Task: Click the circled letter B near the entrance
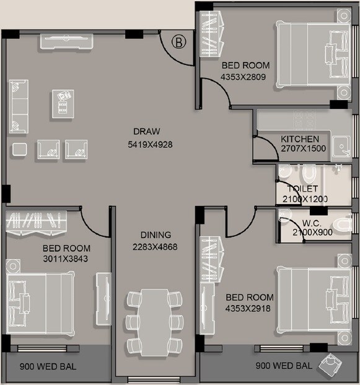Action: point(178,42)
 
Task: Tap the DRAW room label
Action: point(147,131)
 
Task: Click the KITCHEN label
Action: point(300,139)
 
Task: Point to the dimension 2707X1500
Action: point(300,149)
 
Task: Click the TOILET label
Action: point(302,188)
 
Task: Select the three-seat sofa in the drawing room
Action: point(19,105)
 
